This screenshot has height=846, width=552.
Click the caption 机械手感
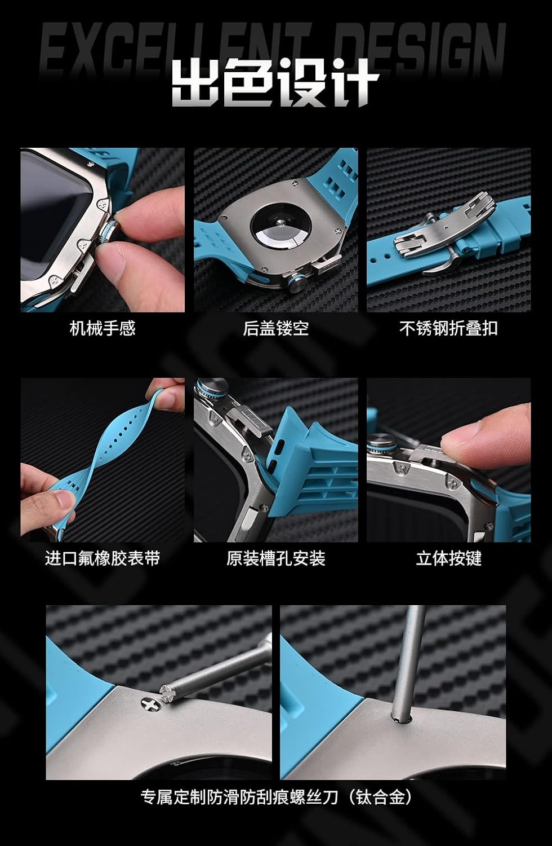click(103, 328)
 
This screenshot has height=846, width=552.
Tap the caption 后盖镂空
click(275, 328)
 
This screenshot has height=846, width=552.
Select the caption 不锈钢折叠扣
click(448, 328)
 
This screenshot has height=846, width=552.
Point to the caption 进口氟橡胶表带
click(103, 558)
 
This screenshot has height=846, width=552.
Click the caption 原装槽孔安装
click(275, 558)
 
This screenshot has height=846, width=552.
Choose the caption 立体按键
click(448, 558)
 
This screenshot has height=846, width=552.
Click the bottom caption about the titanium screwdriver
click(276, 797)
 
